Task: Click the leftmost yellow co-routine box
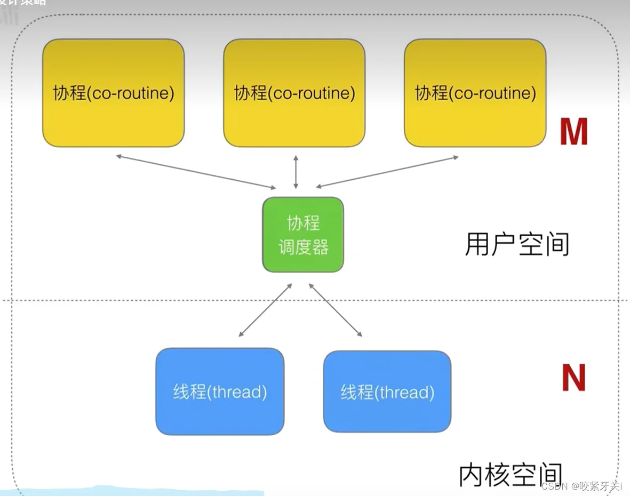[113, 93]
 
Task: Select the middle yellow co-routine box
[294, 93]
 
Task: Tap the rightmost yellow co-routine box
[475, 93]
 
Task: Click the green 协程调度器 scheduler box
[303, 235]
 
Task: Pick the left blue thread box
[220, 391]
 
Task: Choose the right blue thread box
[387, 391]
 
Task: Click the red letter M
[573, 132]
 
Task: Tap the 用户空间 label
[517, 245]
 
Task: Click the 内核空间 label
[511, 475]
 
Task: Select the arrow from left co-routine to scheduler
[196, 171]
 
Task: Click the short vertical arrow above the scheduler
[296, 172]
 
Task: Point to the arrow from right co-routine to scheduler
[387, 172]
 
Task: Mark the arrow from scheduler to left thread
[266, 310]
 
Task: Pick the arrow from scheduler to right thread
[336, 310]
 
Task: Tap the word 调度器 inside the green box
[303, 247]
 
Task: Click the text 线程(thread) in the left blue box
[220, 393]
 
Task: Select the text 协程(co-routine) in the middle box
[294, 93]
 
